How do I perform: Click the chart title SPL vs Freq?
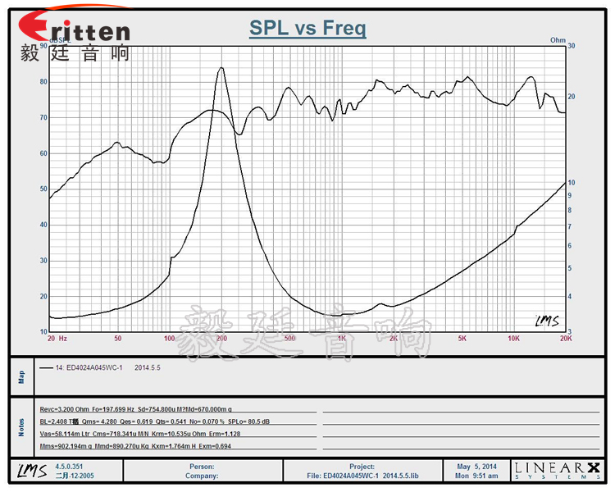[x=307, y=29]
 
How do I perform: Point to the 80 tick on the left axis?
[x=43, y=82]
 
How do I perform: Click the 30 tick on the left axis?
[x=43, y=261]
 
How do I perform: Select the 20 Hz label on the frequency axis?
[x=56, y=338]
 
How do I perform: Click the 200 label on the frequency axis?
[x=221, y=338]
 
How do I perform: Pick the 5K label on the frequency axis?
[x=462, y=338]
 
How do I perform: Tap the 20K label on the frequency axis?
[x=564, y=338]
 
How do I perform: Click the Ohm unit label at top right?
[x=558, y=39]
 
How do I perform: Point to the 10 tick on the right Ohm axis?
[x=572, y=183]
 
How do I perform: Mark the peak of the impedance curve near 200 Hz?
[x=221, y=68]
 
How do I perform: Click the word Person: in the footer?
[x=203, y=467]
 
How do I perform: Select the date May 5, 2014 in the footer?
[x=476, y=467]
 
